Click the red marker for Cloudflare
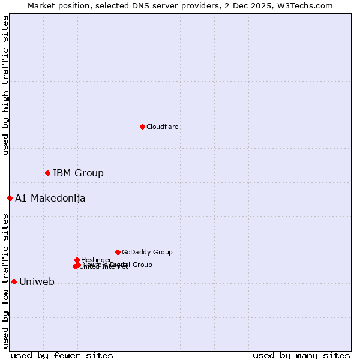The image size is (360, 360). point(142,127)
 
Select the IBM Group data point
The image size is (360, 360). point(47,173)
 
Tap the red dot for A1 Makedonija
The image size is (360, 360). point(10,198)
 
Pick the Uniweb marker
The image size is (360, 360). point(14,281)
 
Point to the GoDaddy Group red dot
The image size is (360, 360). point(118,252)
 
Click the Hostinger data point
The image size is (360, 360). point(77,260)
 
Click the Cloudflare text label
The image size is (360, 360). point(162,127)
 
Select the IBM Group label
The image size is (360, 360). point(78,173)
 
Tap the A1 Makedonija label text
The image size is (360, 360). point(50,198)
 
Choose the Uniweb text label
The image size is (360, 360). point(37,281)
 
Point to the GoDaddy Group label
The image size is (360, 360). point(147,252)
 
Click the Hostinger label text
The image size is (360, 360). point(96,260)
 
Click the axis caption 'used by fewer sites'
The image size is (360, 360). point(62,355)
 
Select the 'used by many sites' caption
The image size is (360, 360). point(301,355)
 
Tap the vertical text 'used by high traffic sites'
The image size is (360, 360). point(5,85)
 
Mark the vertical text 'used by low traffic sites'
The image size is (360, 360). point(5,280)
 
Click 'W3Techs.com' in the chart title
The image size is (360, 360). point(307,5)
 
